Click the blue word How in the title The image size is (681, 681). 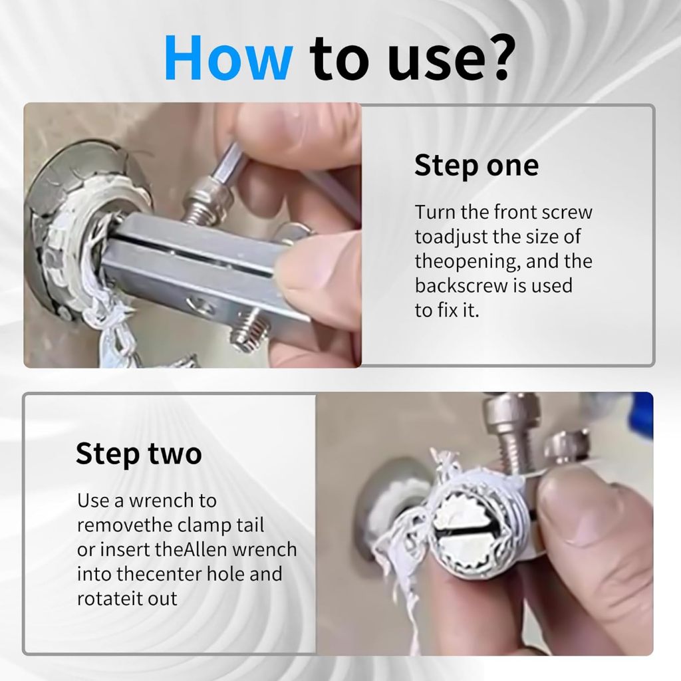229,58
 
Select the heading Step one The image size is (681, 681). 476,166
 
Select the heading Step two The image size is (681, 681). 138,455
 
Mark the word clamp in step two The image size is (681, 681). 204,526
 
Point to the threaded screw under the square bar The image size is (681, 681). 247,329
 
